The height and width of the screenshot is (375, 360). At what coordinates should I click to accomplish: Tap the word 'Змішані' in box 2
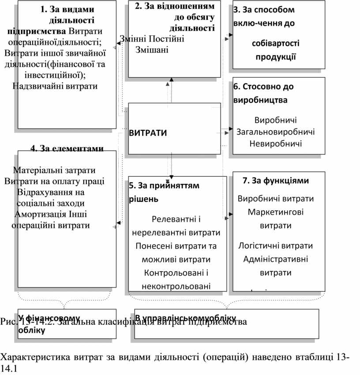152,49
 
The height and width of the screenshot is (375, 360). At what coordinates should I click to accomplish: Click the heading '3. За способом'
264,9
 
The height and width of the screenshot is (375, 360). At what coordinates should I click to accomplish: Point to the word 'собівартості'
276,43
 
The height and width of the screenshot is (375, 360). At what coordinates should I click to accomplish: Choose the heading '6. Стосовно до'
263,87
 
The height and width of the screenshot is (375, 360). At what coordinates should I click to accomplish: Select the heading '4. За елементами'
67,148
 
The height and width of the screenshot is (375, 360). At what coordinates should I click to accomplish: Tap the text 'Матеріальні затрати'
54,170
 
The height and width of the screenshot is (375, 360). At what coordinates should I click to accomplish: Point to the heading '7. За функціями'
276,180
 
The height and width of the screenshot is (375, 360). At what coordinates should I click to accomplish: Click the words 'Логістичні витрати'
276,246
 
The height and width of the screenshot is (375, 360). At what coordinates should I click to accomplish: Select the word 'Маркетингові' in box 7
276,212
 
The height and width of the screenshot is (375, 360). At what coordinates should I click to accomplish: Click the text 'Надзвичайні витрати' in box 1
55,86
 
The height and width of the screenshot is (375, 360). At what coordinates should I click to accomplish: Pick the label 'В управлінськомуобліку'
185,318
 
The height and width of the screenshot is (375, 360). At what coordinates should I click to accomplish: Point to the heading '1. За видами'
67,9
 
